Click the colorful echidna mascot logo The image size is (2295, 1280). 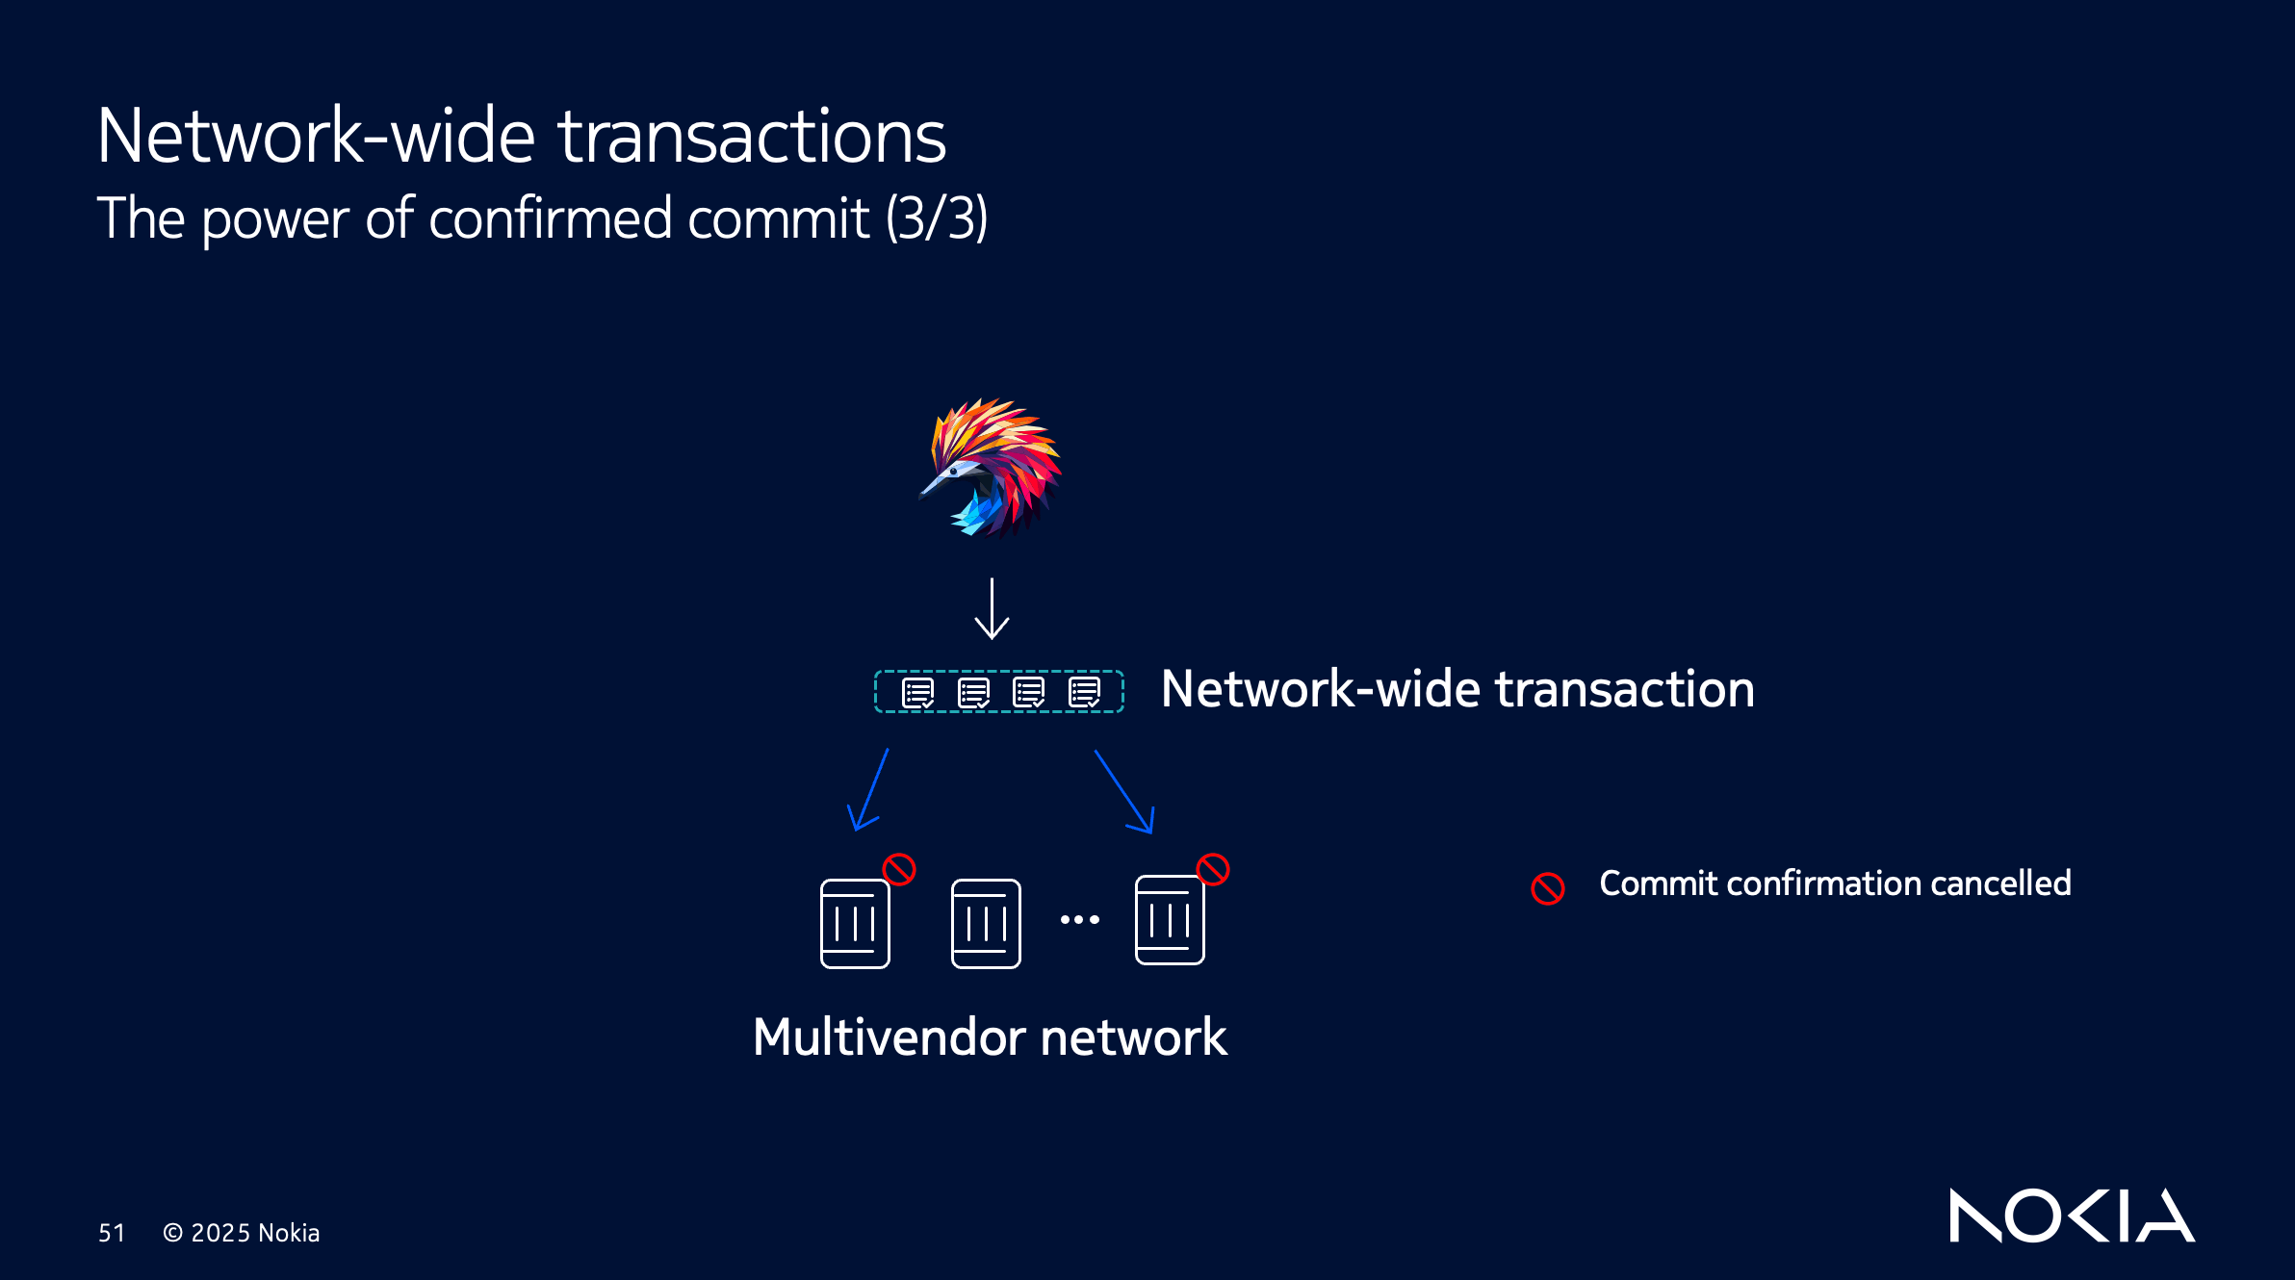[991, 468]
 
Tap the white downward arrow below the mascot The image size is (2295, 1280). [992, 609]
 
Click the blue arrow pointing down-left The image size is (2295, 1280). [866, 791]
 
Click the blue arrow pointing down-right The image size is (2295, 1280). [1124, 792]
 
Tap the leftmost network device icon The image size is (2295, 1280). [855, 924]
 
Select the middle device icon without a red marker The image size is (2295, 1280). [986, 924]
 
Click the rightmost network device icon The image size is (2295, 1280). [1170, 920]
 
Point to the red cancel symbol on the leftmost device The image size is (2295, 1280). [899, 869]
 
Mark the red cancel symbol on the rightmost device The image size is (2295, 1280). [1213, 869]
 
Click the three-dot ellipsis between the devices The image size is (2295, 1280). [1079, 920]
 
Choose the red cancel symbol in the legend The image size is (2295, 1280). [1548, 887]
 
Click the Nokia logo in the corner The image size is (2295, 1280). [2072, 1216]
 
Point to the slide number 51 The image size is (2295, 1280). [112, 1233]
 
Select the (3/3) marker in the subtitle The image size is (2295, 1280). [937, 218]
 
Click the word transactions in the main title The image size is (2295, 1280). [752, 137]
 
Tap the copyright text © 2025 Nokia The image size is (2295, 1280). [241, 1233]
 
